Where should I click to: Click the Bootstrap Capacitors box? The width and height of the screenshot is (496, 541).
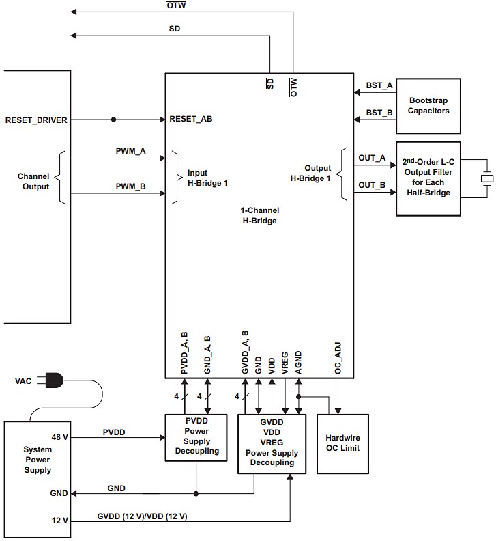[x=428, y=105]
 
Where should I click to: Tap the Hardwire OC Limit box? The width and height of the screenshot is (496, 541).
[x=342, y=443]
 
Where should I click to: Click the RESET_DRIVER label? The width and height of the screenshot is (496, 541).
[x=36, y=120]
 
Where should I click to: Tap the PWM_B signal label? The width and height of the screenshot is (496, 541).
[x=130, y=186]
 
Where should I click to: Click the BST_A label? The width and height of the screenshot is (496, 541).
[x=379, y=85]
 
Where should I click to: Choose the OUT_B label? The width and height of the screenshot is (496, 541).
[x=372, y=185]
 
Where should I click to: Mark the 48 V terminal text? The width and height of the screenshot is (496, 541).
[x=59, y=436]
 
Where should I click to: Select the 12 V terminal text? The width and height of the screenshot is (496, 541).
[x=59, y=521]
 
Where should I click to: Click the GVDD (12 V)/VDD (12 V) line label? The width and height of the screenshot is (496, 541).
[x=143, y=516]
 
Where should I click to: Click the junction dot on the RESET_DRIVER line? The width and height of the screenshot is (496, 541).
[x=113, y=120]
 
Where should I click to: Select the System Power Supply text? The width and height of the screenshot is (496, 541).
[x=37, y=460]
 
